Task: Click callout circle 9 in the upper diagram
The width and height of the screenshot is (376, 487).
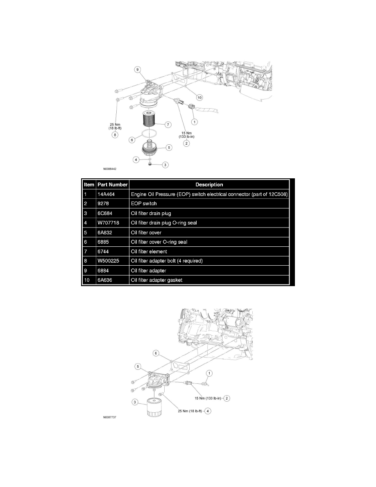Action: coord(138,69)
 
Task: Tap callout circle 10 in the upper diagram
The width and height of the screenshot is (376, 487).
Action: coord(199,98)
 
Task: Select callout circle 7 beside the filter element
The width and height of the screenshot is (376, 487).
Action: coord(168,123)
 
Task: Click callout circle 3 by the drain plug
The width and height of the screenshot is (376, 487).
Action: coord(165,165)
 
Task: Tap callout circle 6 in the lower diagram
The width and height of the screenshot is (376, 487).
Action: coord(156,353)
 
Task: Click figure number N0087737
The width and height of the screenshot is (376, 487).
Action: coord(113,419)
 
